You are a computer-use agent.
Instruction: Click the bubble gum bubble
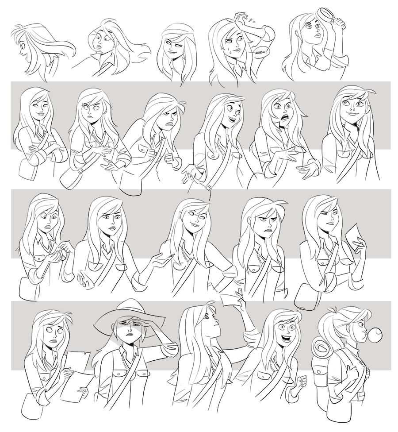click(375, 334)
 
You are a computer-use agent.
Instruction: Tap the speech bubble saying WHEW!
click(260, 51)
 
